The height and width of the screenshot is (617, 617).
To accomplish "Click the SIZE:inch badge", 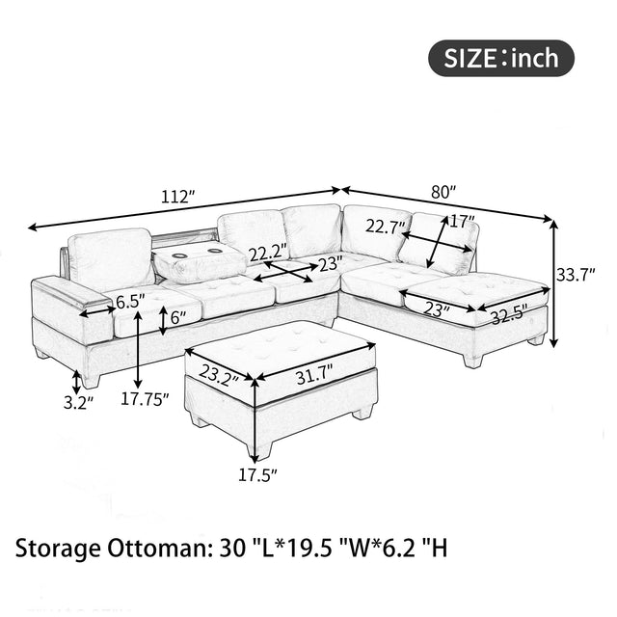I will [500, 58].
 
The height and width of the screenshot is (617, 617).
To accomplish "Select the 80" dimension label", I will [443, 192].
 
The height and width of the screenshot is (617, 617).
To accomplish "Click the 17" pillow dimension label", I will [463, 221].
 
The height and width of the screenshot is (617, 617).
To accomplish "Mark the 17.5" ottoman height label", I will [257, 473].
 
